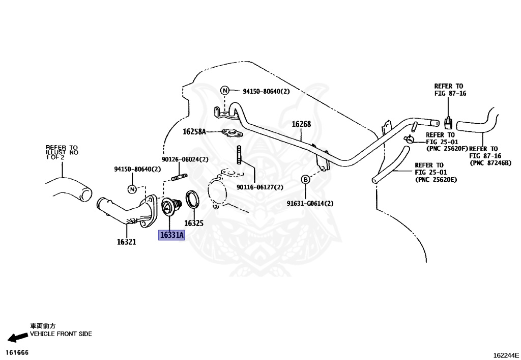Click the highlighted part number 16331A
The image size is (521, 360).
171,235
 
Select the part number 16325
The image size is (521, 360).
194,223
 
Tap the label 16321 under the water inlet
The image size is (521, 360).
126,242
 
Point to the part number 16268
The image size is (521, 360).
301,124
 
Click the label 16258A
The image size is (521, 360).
194,132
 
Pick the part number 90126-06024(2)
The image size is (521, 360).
185,159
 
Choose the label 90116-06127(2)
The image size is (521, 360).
260,187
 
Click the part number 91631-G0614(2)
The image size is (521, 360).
310,203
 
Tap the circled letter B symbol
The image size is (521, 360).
305,180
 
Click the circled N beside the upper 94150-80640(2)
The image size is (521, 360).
225,90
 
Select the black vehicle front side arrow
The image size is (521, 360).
18,338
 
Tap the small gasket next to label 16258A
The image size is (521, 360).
232,133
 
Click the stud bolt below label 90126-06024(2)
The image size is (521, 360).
179,177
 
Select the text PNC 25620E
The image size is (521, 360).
436,180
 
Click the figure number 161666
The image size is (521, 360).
17,352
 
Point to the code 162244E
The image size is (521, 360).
506,355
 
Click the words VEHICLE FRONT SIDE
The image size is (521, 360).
61,334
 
